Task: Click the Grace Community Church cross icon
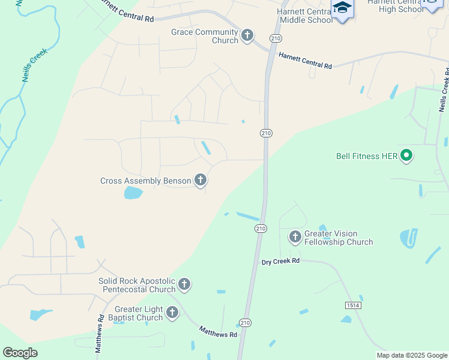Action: (x=247, y=36)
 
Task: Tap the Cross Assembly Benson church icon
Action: (x=200, y=180)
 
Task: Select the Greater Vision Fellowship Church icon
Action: (x=295, y=237)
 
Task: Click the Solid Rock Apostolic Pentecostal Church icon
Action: (x=184, y=284)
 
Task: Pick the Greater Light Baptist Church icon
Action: (x=172, y=313)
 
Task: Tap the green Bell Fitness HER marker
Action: (x=406, y=156)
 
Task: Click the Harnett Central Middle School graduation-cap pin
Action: (x=342, y=9)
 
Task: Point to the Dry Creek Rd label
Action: (x=280, y=262)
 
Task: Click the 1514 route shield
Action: (x=353, y=305)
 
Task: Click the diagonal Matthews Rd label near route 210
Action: (x=218, y=331)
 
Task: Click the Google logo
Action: (x=20, y=353)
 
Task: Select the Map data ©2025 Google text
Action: (x=411, y=355)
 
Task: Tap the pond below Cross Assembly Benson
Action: (x=133, y=193)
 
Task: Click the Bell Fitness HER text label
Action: (x=366, y=157)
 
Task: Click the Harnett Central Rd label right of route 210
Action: (x=306, y=61)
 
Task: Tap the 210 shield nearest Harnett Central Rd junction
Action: (x=276, y=38)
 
